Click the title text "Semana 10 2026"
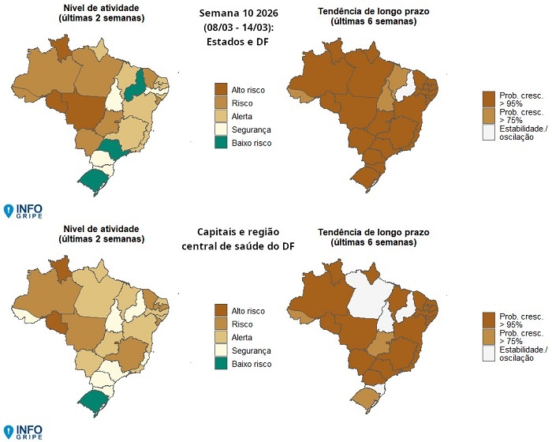pos(233,13)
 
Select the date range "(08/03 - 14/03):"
pos(233,30)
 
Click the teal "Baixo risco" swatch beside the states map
pos(222,143)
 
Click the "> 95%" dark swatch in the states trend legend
pos(489,98)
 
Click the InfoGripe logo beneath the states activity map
pos(24,211)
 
